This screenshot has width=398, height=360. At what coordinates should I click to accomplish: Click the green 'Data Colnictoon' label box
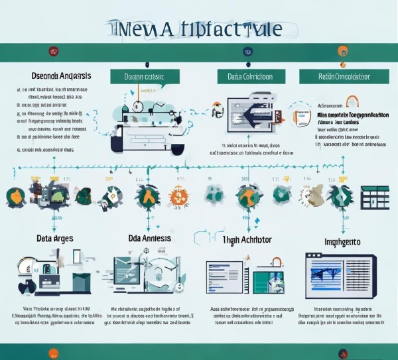(x=249, y=77)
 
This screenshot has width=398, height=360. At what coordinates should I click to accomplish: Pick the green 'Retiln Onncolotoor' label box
(x=344, y=77)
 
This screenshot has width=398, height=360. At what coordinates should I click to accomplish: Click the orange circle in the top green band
(x=342, y=51)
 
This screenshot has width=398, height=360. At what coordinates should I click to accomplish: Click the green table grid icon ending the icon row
(x=375, y=197)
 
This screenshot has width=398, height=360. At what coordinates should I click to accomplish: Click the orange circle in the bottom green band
(x=54, y=353)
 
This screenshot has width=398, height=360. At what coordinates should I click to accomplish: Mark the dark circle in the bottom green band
(x=343, y=353)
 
